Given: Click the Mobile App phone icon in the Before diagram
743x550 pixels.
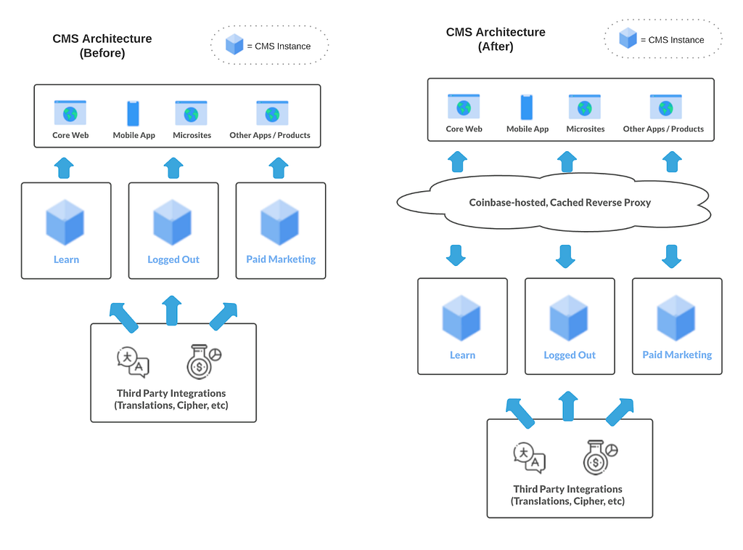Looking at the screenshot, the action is coord(134,113).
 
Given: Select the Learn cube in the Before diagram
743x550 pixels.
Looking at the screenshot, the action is coord(65,222).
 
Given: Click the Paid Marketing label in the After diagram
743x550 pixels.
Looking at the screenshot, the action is coord(677,355).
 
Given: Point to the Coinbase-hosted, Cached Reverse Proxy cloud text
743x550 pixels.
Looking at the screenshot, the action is coord(559,203).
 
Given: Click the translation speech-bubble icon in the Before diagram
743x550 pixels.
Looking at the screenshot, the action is coord(134,363).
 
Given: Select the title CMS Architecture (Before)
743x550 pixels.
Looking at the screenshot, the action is coord(102,46).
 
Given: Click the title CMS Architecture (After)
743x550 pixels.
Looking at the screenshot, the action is coord(496,39).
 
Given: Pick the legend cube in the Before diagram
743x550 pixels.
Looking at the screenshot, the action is coord(234,44).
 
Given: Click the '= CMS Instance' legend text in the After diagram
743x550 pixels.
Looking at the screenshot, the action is coord(673,40).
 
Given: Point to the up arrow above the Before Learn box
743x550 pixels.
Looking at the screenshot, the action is coord(64,168).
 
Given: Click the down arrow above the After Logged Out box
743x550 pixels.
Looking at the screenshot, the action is coord(565,256).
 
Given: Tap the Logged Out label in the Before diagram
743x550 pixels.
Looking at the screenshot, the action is coord(173,259).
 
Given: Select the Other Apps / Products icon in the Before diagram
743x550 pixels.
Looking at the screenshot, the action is coord(272,113).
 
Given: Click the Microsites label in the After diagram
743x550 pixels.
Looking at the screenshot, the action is coord(586,129).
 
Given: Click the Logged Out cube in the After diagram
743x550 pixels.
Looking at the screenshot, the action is coord(569,318).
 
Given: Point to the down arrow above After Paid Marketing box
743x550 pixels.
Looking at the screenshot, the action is coord(671,256).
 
